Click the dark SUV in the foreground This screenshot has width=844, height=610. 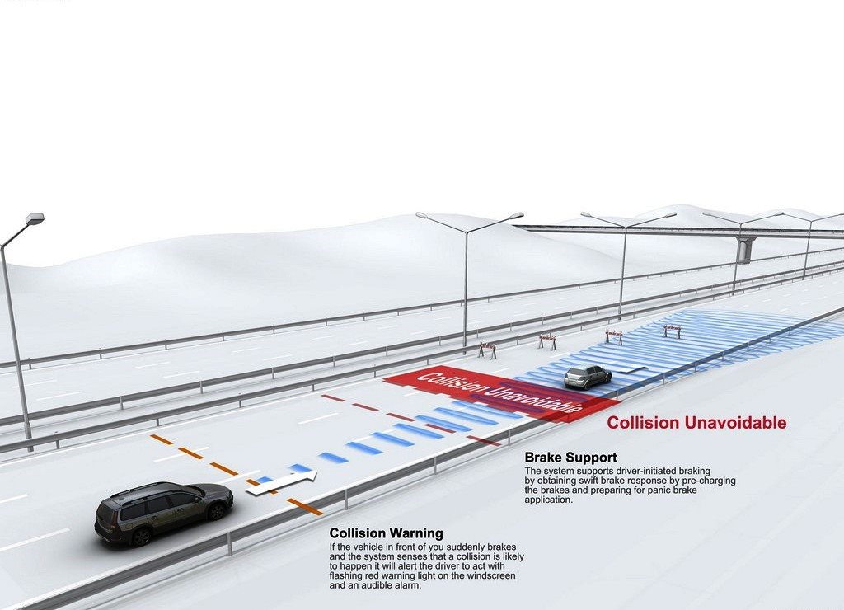(x=164, y=513)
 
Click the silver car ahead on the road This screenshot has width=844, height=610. (x=588, y=377)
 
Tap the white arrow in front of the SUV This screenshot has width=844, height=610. (x=282, y=484)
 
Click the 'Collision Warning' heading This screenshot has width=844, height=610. (x=386, y=533)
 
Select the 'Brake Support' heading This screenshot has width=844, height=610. (x=570, y=457)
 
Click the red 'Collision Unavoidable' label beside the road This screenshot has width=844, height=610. (x=696, y=423)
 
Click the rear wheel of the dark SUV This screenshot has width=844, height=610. (x=141, y=537)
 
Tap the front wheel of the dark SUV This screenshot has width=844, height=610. (x=217, y=511)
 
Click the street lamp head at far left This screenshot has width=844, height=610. (x=35, y=219)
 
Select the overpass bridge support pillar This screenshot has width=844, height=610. (x=743, y=251)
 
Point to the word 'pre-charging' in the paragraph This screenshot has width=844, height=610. (x=710, y=481)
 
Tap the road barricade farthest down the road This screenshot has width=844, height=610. (x=672, y=331)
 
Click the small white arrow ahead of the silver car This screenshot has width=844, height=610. (x=631, y=369)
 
